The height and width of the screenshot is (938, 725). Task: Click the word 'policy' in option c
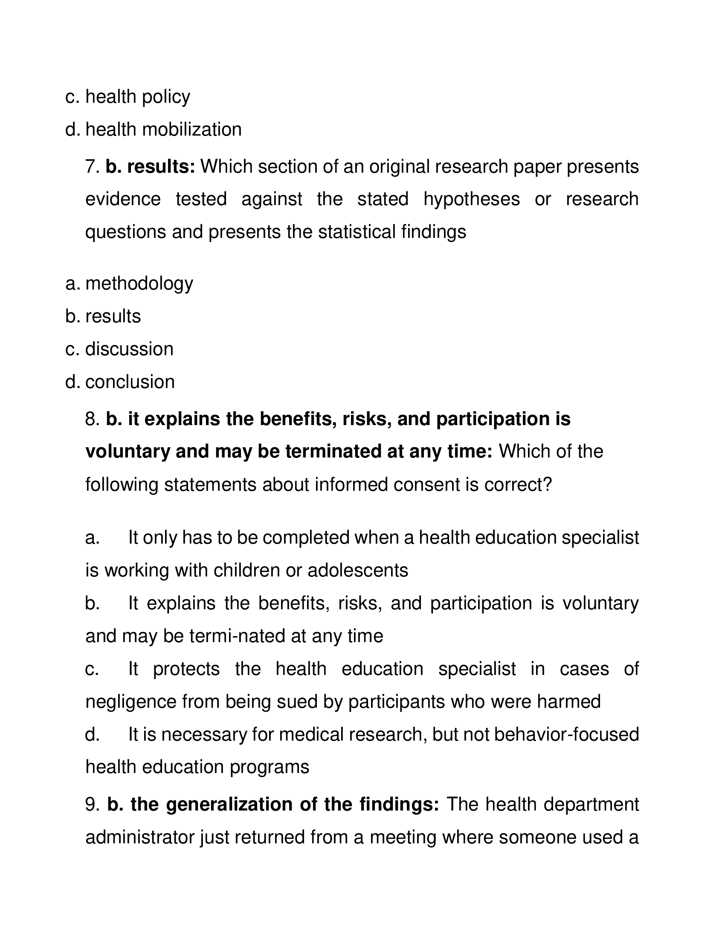click(166, 97)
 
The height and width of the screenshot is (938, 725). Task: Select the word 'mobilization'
click(191, 130)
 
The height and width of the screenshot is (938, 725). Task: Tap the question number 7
click(92, 167)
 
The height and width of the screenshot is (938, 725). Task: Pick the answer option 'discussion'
click(129, 349)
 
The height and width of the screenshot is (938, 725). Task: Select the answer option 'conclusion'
click(130, 382)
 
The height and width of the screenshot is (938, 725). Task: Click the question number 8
click(92, 419)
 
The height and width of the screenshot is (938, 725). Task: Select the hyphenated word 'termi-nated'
click(237, 636)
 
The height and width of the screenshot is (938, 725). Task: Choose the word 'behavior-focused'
click(566, 735)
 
